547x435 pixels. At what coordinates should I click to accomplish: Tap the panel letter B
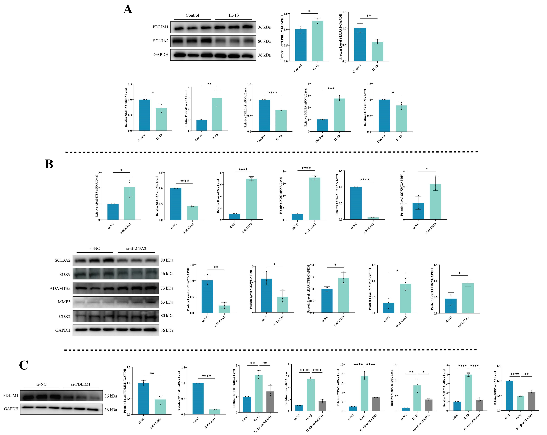[x=49, y=164]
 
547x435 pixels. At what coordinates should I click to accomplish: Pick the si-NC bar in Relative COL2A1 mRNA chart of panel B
[x=356, y=203]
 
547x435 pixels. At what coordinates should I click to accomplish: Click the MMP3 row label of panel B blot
[x=64, y=302]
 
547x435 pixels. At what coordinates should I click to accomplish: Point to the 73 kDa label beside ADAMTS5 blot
[x=167, y=288]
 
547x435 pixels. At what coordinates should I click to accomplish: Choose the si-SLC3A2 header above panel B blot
[x=136, y=248]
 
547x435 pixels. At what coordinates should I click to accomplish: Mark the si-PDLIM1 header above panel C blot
[x=81, y=384]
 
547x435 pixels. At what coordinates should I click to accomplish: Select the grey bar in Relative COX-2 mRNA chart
[x=376, y=404]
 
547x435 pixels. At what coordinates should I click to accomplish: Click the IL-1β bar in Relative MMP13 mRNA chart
[x=468, y=392]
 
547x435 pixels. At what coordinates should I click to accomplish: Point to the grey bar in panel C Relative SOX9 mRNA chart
[x=532, y=401]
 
